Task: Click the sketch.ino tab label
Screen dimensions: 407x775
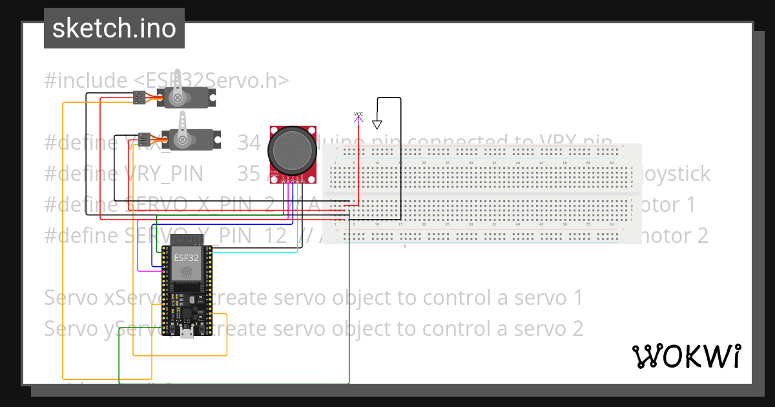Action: (x=114, y=28)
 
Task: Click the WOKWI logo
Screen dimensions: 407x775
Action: (x=686, y=356)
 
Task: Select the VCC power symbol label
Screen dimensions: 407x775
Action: (x=358, y=114)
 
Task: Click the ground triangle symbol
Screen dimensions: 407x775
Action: (x=378, y=124)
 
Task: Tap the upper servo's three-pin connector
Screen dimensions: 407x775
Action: (x=139, y=98)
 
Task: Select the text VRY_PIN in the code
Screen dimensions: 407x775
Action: (x=164, y=174)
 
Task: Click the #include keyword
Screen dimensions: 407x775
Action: (x=86, y=81)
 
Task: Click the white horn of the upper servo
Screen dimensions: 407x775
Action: (x=176, y=83)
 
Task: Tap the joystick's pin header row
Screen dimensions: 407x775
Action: (x=294, y=180)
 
